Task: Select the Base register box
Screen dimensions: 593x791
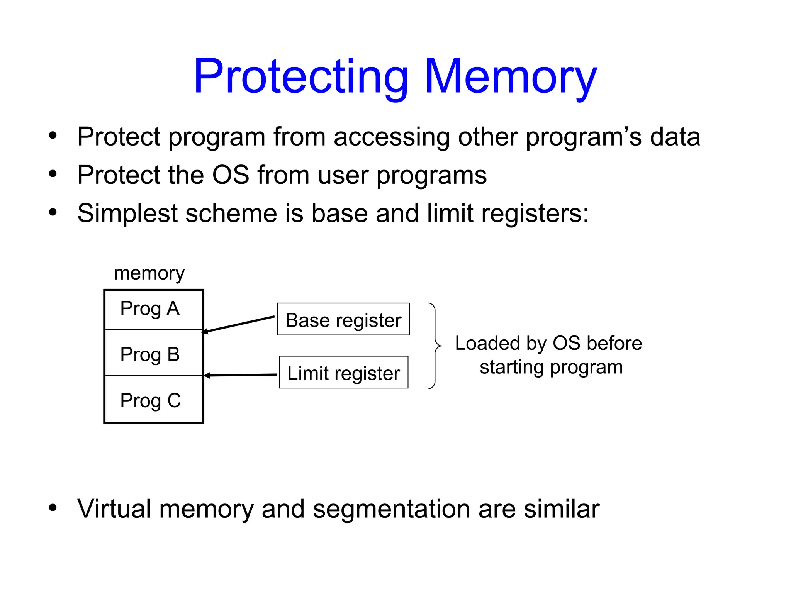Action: tap(343, 319)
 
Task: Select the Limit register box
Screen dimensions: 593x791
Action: tap(343, 372)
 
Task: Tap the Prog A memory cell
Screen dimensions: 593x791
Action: tap(153, 309)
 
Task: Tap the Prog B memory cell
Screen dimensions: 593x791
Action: tap(153, 353)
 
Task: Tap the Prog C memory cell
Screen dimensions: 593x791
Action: tap(153, 400)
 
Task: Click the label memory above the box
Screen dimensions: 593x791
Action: tap(149, 273)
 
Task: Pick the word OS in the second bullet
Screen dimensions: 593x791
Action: tap(231, 175)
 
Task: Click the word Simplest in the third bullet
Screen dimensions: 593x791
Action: tap(127, 213)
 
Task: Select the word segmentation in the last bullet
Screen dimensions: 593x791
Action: tap(391, 509)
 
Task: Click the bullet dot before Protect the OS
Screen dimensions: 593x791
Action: tap(53, 174)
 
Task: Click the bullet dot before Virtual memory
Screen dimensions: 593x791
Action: tap(53, 508)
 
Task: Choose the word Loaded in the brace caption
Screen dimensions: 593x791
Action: tap(487, 343)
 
